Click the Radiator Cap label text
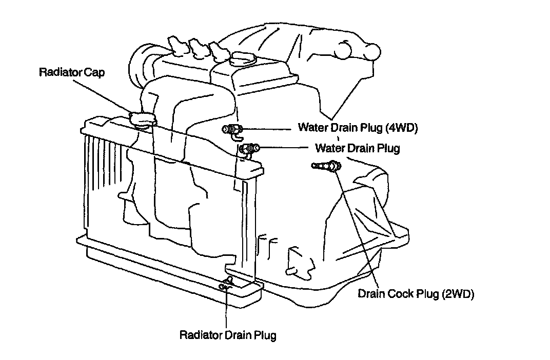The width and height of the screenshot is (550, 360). [71, 72]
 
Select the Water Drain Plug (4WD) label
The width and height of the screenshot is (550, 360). [358, 128]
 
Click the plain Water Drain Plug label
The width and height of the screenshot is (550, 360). [357, 148]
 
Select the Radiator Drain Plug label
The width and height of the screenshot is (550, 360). [228, 335]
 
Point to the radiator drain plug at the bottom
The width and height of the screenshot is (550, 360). [226, 284]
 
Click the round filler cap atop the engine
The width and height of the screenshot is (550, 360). [243, 58]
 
